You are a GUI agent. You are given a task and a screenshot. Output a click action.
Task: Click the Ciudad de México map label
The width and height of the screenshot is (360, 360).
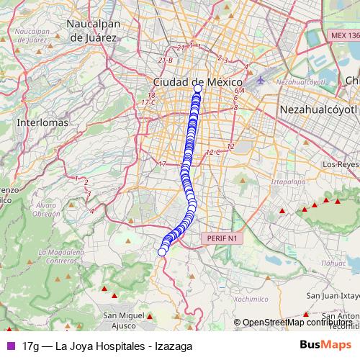[x=194, y=82]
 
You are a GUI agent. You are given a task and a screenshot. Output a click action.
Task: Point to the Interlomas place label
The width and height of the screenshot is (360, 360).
[x=42, y=122]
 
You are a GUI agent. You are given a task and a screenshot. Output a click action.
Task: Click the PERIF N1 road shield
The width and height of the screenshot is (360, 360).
[x=221, y=238]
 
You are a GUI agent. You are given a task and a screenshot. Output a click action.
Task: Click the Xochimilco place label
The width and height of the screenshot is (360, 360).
[x=251, y=298]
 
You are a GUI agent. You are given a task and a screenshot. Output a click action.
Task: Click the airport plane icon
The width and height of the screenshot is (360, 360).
[x=260, y=78]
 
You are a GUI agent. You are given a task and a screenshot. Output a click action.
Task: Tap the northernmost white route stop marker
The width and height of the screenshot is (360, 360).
[x=198, y=89]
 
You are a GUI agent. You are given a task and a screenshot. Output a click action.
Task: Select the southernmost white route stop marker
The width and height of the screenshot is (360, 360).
[x=162, y=251]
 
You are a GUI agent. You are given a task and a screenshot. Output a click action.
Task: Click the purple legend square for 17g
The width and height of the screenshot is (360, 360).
[x=10, y=346]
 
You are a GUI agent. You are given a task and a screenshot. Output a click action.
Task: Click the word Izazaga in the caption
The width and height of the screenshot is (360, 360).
[x=171, y=346]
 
